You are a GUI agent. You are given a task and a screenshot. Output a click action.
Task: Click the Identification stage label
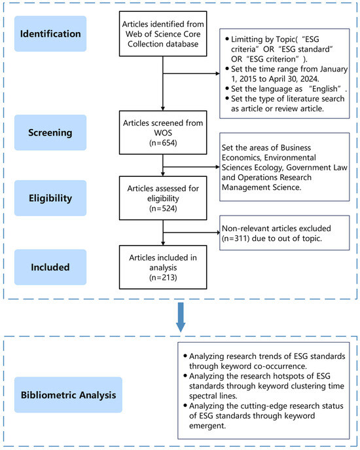point(50,34)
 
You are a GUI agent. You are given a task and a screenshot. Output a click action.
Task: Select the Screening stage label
point(50,132)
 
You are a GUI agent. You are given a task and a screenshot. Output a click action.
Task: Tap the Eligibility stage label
point(50,198)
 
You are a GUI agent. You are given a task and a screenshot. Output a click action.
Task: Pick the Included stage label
point(50,267)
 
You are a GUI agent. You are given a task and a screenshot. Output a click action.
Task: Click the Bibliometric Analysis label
point(68,395)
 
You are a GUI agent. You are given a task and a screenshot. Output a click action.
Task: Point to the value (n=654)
point(163,143)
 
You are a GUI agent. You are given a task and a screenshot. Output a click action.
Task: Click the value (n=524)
point(163,208)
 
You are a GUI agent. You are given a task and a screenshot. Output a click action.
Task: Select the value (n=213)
point(163,278)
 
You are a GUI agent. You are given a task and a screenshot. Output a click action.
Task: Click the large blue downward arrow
point(181,317)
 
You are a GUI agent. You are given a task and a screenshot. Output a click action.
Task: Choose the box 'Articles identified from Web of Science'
point(163,34)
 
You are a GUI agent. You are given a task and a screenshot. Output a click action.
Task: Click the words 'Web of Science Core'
point(163,34)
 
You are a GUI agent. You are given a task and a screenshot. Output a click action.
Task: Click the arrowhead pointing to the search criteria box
point(217,73)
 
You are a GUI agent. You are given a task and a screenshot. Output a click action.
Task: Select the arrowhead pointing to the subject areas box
point(217,167)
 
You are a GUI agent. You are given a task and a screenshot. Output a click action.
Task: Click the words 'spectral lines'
point(213,396)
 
